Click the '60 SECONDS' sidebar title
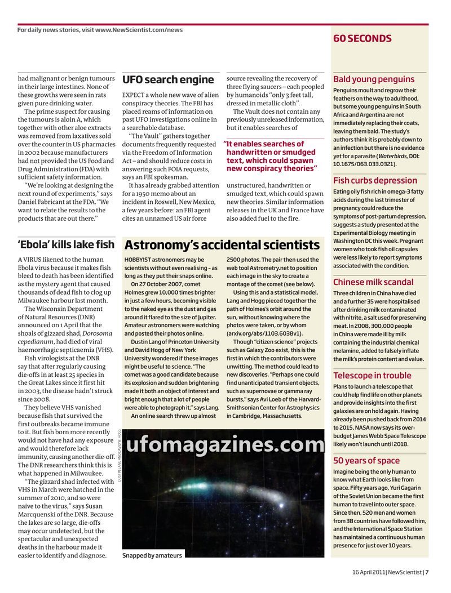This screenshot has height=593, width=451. click(x=362, y=38)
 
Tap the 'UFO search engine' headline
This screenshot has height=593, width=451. click(x=168, y=79)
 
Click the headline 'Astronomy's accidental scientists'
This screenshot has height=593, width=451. click(x=222, y=245)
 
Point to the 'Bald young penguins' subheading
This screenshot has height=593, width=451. click(x=373, y=79)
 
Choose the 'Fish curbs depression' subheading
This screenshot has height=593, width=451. click(x=375, y=180)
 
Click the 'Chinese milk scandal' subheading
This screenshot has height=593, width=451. click(x=373, y=282)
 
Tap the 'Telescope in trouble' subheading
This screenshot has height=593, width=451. click(x=372, y=376)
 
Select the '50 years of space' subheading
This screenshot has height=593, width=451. click(x=366, y=461)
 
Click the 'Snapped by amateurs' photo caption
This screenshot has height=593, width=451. click(x=152, y=555)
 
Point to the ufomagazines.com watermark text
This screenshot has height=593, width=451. click(x=225, y=445)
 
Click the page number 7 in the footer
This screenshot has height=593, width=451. click(x=427, y=572)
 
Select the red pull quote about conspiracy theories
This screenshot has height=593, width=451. click(x=272, y=156)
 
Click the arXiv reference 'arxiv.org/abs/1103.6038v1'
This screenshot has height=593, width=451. click(x=264, y=333)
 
